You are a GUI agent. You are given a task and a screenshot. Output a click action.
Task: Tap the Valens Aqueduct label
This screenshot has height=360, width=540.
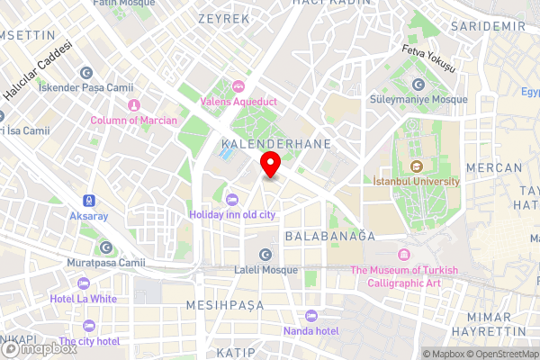(x=240, y=101)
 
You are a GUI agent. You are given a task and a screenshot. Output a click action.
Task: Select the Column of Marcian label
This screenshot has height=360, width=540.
(x=133, y=120)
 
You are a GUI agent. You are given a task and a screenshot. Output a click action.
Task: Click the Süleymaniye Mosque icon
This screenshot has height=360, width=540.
(x=418, y=85)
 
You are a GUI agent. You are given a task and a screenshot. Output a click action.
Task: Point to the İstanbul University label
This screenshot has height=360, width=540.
(x=416, y=181)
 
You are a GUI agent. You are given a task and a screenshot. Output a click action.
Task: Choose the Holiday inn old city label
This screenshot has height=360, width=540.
(x=232, y=214)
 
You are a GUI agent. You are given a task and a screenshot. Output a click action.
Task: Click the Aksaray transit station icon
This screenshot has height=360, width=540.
(x=90, y=201)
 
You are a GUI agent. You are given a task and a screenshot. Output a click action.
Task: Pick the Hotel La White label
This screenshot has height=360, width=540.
(x=85, y=299)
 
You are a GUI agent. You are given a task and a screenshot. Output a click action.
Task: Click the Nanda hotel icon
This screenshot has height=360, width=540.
(x=310, y=316)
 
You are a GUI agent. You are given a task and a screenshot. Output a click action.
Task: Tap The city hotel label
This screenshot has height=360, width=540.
(x=89, y=341)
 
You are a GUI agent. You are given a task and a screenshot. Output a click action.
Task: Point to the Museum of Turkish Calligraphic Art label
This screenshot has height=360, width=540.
(x=404, y=276)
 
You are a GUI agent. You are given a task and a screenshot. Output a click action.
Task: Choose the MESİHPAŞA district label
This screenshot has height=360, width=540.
(x=224, y=305)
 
